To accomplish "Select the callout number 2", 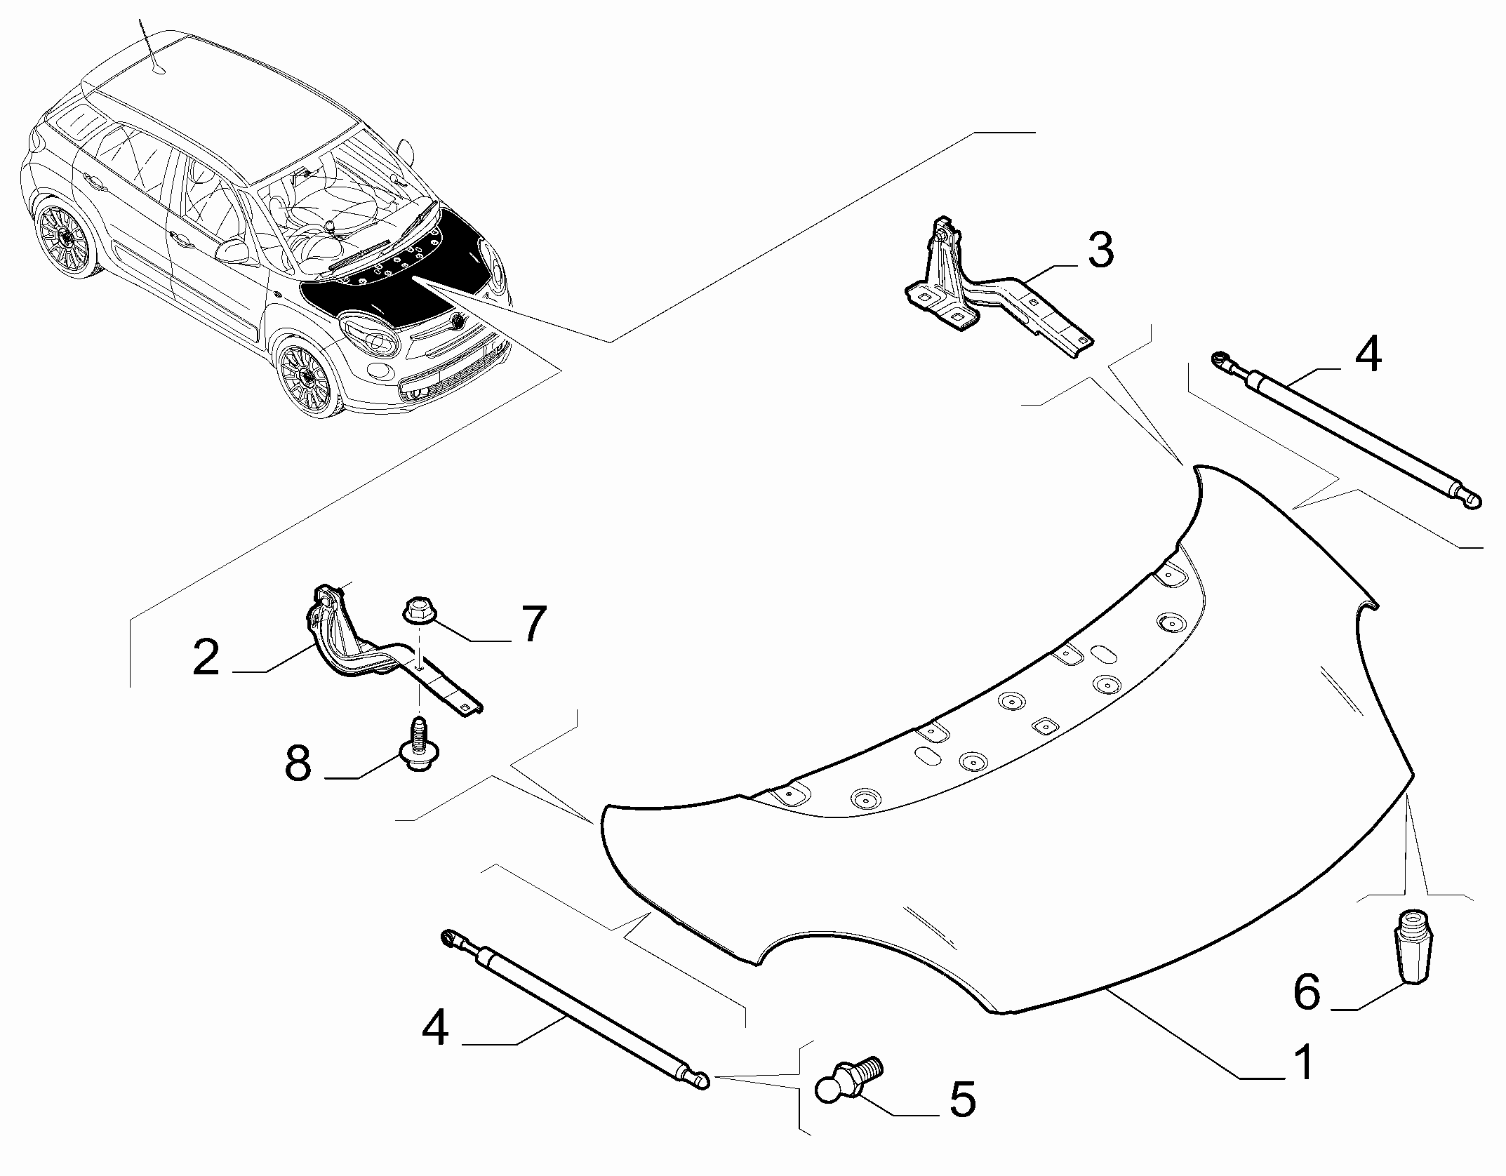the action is click(x=206, y=657).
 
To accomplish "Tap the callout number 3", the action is click(x=1100, y=251).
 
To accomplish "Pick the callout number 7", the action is click(x=532, y=624).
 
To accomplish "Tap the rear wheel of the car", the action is click(x=67, y=239).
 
